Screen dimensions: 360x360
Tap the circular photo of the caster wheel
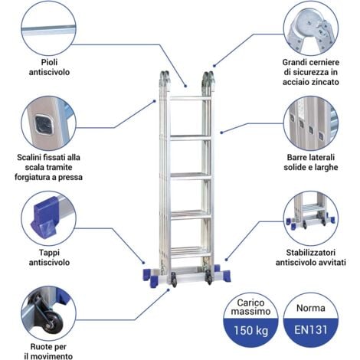[48, 316]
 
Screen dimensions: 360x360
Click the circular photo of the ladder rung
[48, 28]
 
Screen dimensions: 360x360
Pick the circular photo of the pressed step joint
[48, 123]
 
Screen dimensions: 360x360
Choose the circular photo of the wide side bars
[309, 123]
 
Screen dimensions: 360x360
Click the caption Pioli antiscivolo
[48, 68]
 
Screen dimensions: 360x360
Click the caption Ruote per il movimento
[48, 350]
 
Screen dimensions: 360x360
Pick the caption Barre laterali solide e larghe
[309, 162]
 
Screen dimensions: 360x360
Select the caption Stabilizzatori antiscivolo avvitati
[309, 257]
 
